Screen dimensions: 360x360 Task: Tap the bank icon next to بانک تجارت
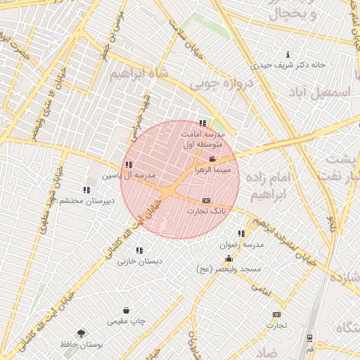click(206, 200)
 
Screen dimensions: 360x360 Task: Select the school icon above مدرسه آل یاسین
click(128, 165)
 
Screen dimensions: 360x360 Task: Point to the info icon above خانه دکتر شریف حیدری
click(288, 55)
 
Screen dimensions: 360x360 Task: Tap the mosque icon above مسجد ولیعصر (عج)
click(229, 258)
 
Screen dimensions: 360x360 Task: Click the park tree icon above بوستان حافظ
click(82, 334)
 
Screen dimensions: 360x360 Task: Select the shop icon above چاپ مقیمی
click(126, 310)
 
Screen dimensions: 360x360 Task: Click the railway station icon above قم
click(309, 337)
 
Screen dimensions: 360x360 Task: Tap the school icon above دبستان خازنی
click(139, 250)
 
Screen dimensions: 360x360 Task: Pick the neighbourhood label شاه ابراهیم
click(138, 76)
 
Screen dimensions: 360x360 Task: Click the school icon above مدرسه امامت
click(203, 123)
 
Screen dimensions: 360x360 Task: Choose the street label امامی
click(260, 289)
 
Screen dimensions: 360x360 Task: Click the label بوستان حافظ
click(82, 345)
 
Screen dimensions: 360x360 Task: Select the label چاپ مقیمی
click(127, 321)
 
